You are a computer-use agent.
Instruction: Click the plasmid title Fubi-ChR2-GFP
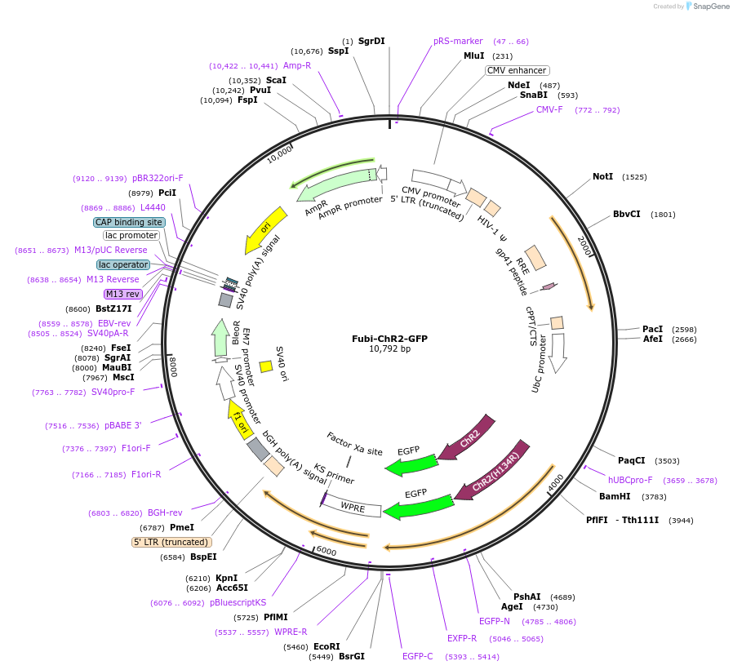click(x=389, y=338)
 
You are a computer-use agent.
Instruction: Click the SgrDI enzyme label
click(x=371, y=41)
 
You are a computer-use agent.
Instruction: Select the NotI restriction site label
click(x=602, y=176)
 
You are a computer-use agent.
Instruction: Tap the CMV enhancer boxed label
click(x=517, y=70)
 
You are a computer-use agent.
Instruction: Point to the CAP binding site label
click(x=129, y=222)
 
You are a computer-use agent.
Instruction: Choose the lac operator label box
click(x=123, y=264)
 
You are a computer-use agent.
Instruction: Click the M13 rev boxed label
click(x=122, y=294)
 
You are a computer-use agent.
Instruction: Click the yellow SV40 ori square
click(x=266, y=366)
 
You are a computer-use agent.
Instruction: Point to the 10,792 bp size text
click(x=389, y=349)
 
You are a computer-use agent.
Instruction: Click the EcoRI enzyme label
click(x=327, y=646)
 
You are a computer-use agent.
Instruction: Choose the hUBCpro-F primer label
click(x=630, y=480)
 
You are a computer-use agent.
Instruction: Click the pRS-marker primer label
click(x=458, y=41)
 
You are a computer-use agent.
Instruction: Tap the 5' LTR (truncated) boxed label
click(x=171, y=542)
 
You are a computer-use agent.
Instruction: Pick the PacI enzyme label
click(x=652, y=329)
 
